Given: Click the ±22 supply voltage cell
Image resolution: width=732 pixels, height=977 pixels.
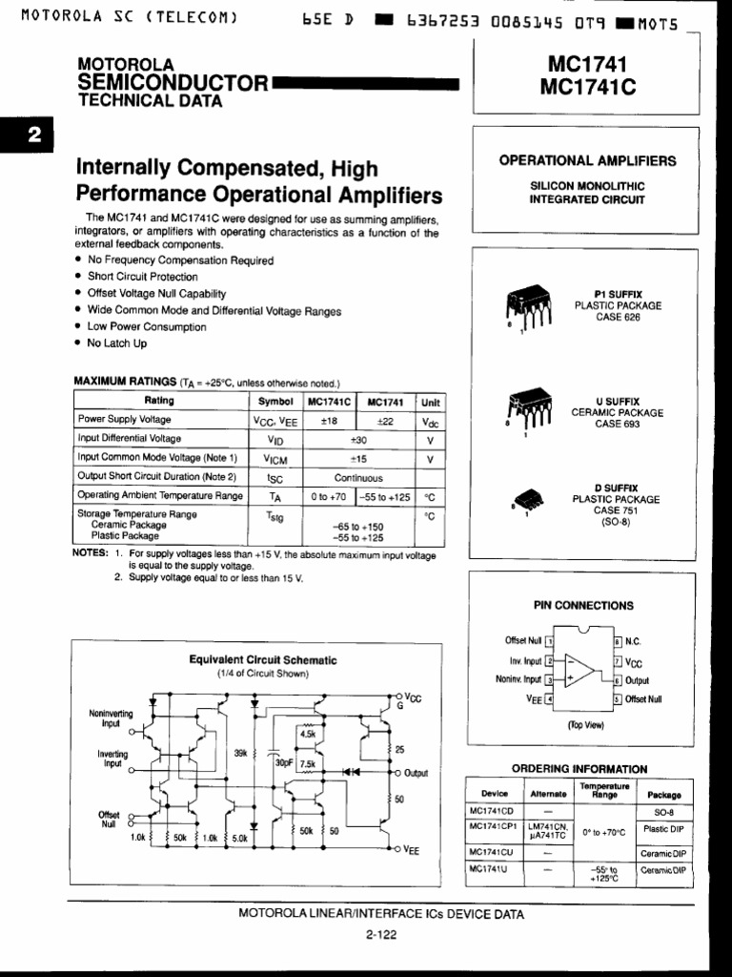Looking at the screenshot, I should point(385,420).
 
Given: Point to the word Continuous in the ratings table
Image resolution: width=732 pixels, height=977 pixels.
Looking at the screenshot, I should point(358,477).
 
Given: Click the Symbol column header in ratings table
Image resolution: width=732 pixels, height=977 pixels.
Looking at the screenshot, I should point(275,402).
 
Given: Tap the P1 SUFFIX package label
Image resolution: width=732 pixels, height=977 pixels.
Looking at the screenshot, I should point(618,294).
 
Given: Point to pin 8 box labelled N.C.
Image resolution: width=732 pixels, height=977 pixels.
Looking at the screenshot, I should point(619,642).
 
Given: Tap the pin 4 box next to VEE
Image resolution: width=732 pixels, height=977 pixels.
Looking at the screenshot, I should point(549,699).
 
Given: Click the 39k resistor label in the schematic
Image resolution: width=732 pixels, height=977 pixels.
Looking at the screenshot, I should point(241,753).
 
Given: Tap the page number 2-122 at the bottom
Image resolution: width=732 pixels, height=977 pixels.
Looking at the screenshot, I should point(380,935).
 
